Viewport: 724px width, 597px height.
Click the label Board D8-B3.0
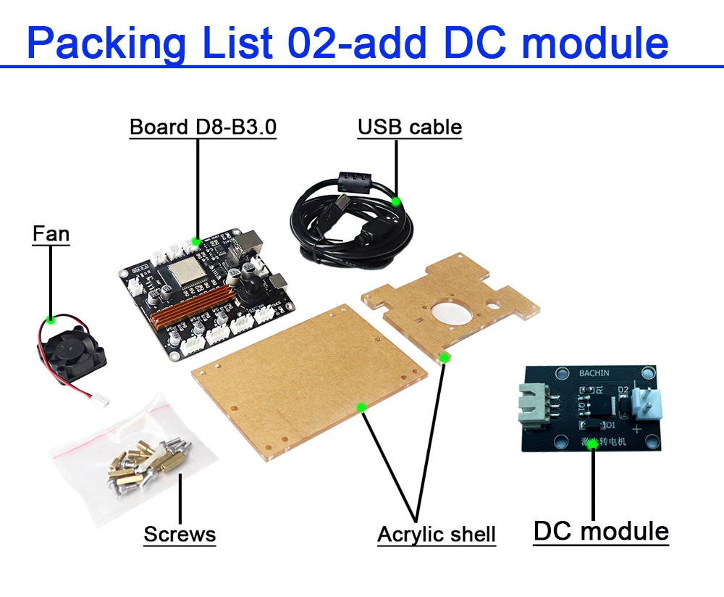click(x=203, y=128)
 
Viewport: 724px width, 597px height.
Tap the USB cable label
click(x=409, y=128)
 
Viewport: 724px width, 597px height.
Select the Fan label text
click(x=51, y=234)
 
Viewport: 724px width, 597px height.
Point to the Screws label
click(x=180, y=535)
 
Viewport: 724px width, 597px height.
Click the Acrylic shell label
click(x=437, y=535)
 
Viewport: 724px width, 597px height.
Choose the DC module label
click(x=601, y=531)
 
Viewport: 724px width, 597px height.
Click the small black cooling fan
click(x=71, y=348)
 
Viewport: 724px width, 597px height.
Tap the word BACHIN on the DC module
click(x=594, y=373)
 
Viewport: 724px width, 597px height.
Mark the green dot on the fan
click(x=51, y=319)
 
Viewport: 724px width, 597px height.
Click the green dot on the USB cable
click(x=395, y=200)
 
